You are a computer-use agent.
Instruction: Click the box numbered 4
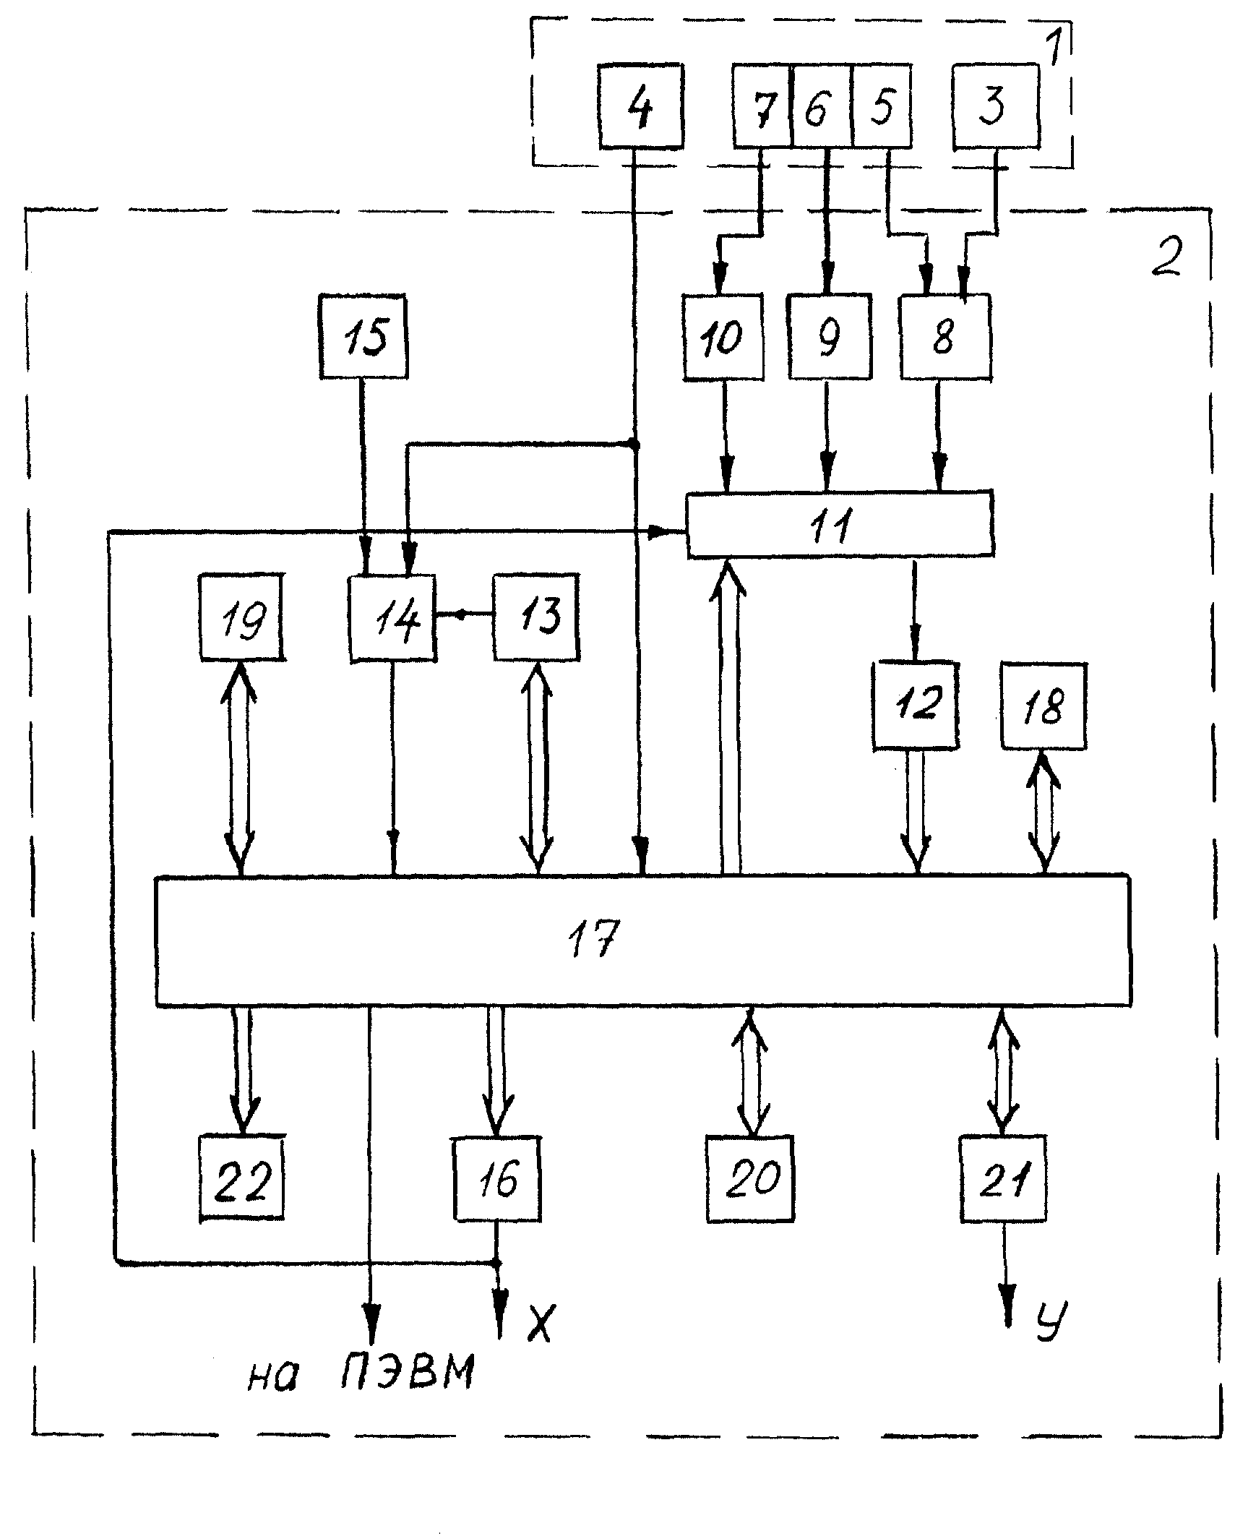point(640,106)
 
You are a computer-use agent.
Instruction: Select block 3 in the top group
point(996,106)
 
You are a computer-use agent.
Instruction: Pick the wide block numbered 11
point(839,524)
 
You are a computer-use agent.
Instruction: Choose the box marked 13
point(535,617)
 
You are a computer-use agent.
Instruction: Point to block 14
point(392,618)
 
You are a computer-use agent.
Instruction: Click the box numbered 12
point(916,705)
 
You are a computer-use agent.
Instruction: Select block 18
point(1043,705)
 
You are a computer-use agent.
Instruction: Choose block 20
point(750,1178)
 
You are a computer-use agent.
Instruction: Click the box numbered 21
point(1003,1178)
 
